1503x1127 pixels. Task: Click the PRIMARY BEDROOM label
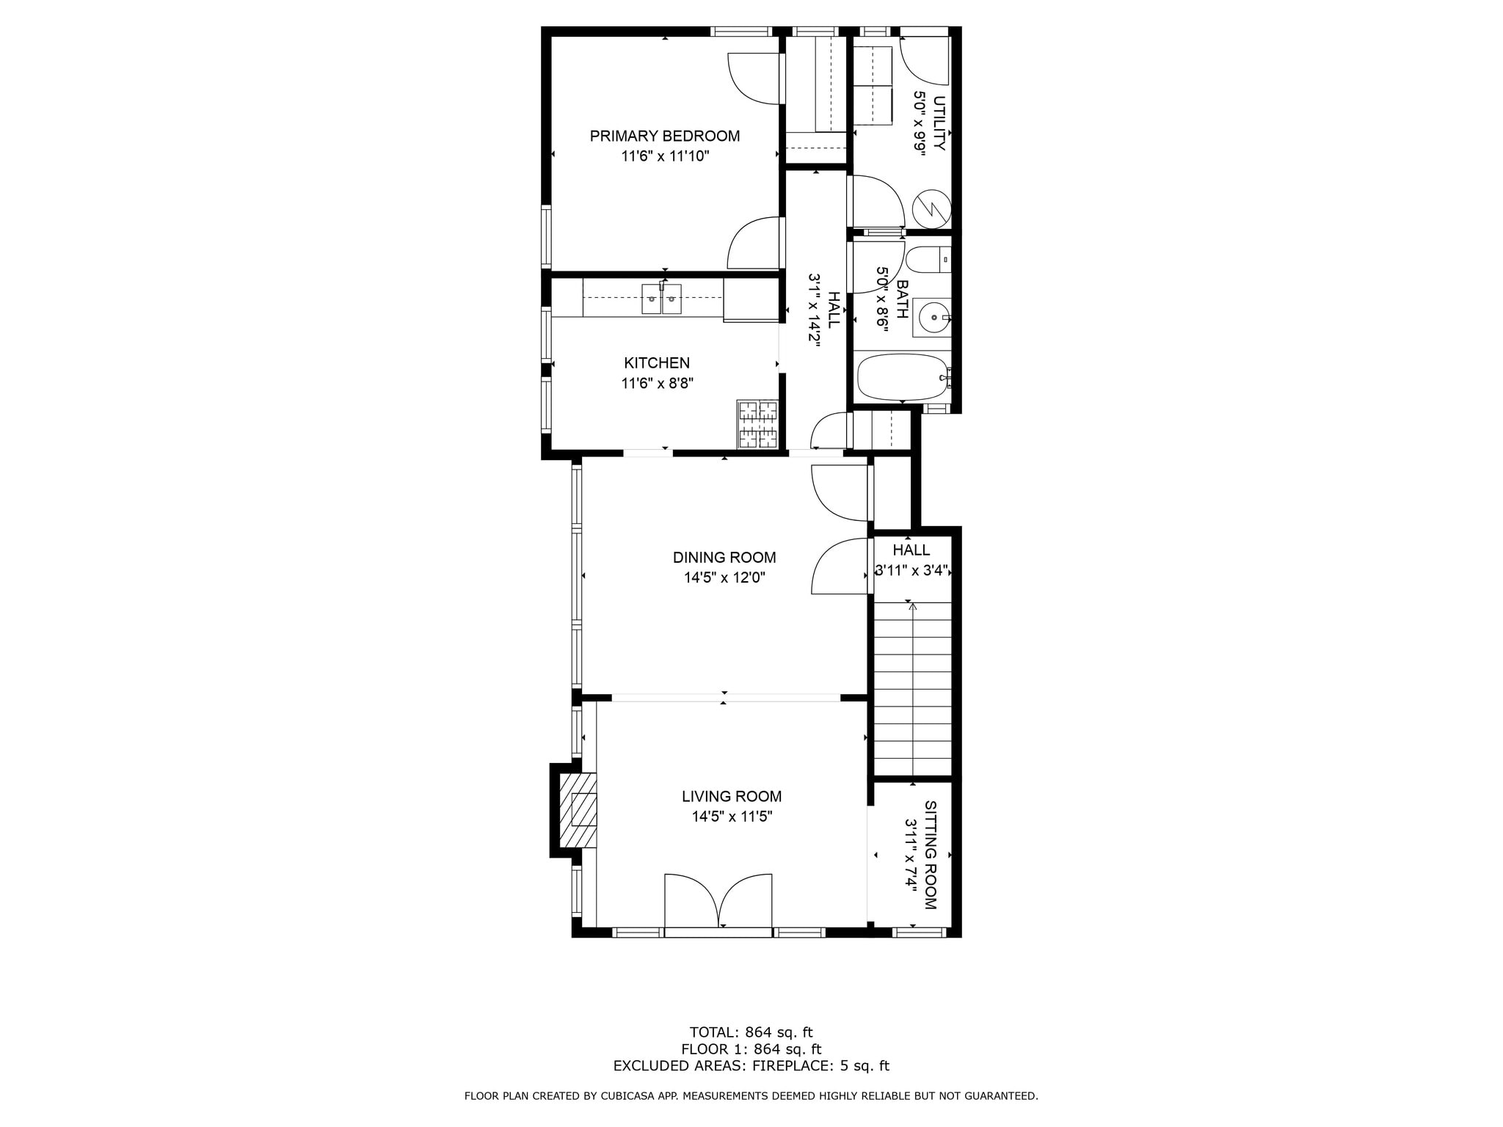click(x=664, y=136)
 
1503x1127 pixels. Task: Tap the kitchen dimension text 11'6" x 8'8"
click(x=657, y=383)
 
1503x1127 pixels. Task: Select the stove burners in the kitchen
click(x=757, y=424)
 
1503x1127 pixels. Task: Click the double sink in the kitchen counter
click(x=661, y=299)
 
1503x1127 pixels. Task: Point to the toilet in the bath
click(x=928, y=260)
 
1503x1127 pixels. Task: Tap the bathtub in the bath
click(x=903, y=377)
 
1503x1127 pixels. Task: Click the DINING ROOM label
click(x=724, y=558)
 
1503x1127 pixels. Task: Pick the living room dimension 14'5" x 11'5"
click(x=732, y=817)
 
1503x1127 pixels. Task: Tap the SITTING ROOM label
click(x=930, y=855)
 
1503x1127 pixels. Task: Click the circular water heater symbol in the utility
click(x=931, y=208)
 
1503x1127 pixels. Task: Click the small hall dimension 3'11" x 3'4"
click(x=911, y=570)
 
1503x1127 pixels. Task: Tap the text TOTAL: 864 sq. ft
click(x=751, y=1032)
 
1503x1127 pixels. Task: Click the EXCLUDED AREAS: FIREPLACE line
click(x=751, y=1066)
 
